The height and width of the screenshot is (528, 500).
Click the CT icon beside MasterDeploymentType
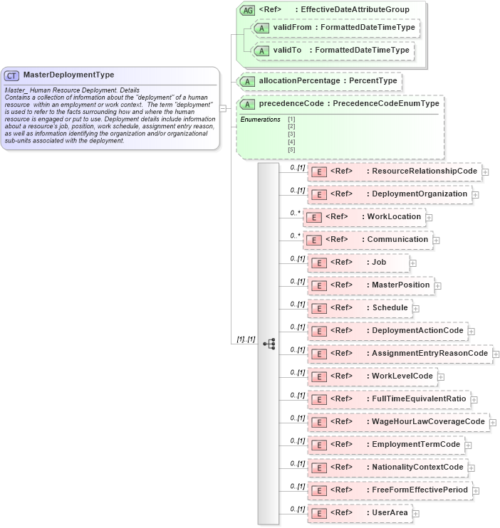coord(12,75)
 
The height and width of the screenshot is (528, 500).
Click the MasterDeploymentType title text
coord(68,75)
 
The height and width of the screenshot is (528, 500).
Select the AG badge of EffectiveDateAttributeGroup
coord(247,10)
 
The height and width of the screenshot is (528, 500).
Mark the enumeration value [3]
coord(291,134)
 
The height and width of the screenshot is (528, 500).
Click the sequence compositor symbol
coord(269,344)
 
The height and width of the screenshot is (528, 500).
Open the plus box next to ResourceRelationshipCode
coord(485,171)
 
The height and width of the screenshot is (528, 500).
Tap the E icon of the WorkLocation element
coord(313,217)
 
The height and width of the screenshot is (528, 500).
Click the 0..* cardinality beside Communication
coord(295,236)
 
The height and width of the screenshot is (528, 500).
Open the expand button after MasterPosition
coord(438,285)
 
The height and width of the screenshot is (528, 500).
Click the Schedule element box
coord(360,308)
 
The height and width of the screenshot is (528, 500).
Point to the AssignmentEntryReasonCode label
coord(429,354)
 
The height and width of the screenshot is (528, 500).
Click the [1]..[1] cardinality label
coord(246,339)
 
